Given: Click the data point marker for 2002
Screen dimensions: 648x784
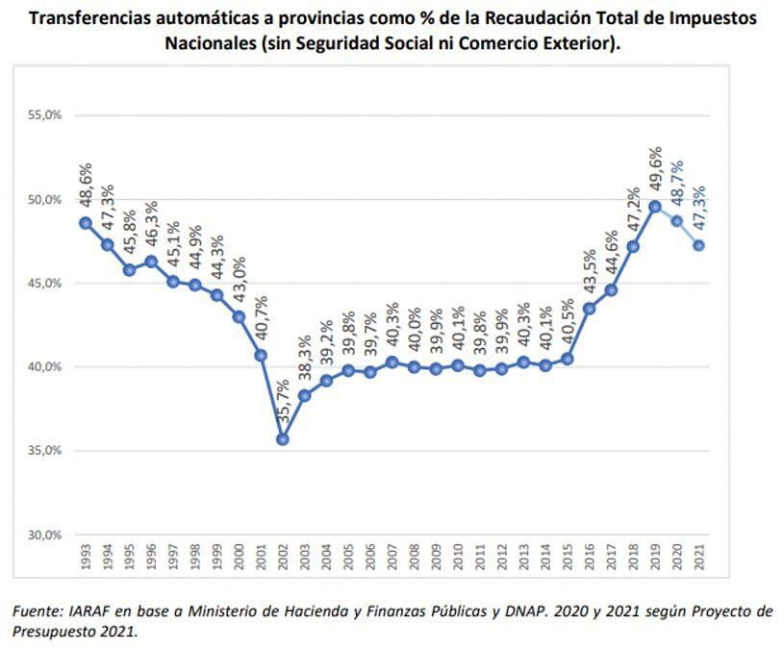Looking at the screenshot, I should pos(283,439).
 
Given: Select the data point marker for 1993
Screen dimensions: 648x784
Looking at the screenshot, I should pos(86,223).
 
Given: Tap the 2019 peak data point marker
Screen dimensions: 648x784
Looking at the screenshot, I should pos(655,207).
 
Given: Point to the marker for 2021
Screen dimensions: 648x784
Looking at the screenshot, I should pos(699,245).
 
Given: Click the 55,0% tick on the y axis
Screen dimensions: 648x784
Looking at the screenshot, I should pos(45,115).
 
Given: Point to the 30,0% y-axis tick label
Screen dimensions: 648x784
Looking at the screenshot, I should pos(45,535).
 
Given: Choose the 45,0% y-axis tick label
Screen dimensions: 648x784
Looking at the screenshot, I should pos(45,284).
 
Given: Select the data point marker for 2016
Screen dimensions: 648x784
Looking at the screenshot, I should pos(590,309).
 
